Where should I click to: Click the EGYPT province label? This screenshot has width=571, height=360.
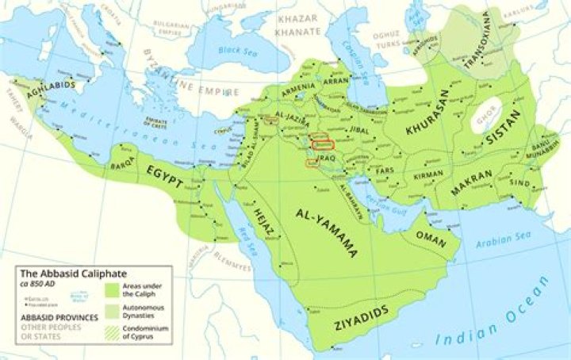click(x=164, y=175)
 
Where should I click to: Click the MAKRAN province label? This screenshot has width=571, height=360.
click(x=476, y=183)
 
